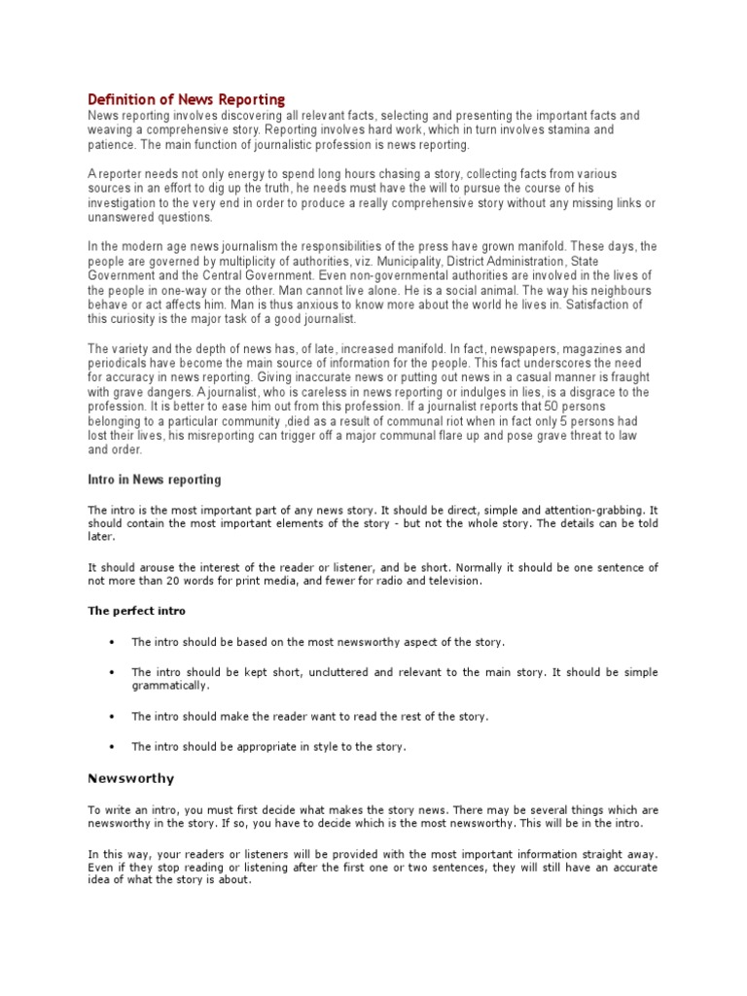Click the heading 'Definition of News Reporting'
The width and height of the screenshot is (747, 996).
coord(187,99)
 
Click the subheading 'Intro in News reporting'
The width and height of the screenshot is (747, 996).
coord(155,480)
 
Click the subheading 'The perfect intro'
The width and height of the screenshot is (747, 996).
coord(136,611)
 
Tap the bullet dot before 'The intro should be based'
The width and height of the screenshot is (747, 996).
coord(113,642)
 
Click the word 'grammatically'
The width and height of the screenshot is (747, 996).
coord(170,686)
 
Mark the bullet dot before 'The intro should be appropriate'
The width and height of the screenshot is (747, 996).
coord(113,746)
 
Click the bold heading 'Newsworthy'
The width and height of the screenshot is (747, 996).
coord(131,778)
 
